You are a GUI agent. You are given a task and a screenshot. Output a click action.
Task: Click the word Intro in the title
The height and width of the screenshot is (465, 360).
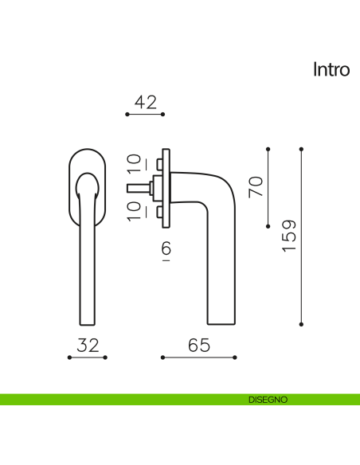click(x=331, y=70)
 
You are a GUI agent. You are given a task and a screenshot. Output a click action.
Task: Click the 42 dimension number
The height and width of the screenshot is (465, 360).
click(x=145, y=102)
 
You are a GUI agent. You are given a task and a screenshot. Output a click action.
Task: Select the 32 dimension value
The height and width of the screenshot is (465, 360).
click(x=88, y=346)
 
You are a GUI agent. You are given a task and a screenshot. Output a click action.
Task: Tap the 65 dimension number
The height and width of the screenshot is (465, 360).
click(x=199, y=346)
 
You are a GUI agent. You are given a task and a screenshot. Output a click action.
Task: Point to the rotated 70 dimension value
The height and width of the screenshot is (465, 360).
click(x=256, y=186)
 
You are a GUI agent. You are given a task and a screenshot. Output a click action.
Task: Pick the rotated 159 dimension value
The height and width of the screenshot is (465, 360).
click(x=289, y=236)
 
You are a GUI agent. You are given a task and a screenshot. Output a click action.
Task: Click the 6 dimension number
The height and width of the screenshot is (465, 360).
click(x=166, y=248)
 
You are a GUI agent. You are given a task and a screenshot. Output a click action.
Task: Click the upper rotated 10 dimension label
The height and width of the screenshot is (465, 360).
click(x=134, y=162)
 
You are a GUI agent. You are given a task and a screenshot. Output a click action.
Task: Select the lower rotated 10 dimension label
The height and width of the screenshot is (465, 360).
click(x=134, y=211)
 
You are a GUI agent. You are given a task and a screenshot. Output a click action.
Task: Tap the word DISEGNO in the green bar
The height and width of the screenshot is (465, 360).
click(x=268, y=400)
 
